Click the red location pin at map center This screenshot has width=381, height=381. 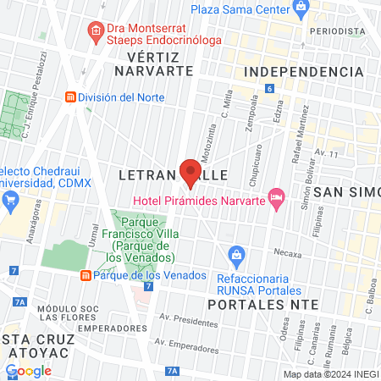tap(190, 173)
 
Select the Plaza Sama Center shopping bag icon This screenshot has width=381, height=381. tap(301, 9)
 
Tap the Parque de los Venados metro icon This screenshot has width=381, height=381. tap(86, 275)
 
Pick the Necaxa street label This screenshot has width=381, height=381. tap(286, 252)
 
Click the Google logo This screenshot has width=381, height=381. tap(28, 370)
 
